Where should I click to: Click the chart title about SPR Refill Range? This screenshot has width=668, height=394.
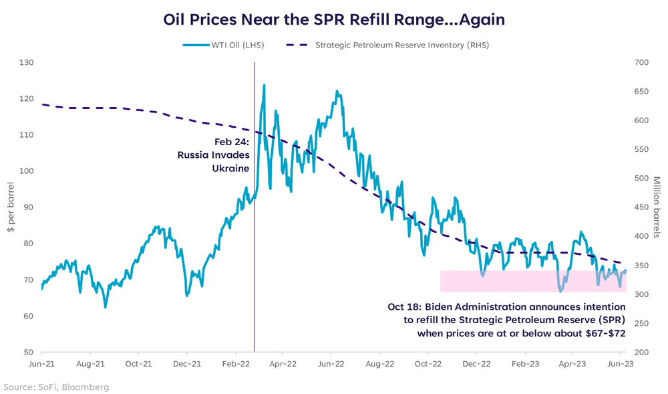point(334,19)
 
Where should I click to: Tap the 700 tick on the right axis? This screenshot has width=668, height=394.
point(641,62)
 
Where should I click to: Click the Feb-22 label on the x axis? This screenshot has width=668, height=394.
point(235,365)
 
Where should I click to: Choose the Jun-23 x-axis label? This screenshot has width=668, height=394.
point(621,365)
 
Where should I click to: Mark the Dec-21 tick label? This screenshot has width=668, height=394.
point(187,365)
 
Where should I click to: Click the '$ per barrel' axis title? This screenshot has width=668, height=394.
point(11,207)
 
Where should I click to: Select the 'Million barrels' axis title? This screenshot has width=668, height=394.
point(657,207)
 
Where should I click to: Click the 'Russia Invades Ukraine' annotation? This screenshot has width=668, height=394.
point(214,155)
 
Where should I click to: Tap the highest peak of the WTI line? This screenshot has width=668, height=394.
point(265,86)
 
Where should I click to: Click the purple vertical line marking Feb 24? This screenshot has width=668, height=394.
point(255,268)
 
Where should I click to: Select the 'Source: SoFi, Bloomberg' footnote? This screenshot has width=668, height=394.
point(56,387)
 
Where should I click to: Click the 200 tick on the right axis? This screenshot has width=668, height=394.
point(641,352)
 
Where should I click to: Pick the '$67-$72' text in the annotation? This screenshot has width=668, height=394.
point(605,332)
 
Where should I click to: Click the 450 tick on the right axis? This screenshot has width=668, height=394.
point(641,207)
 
